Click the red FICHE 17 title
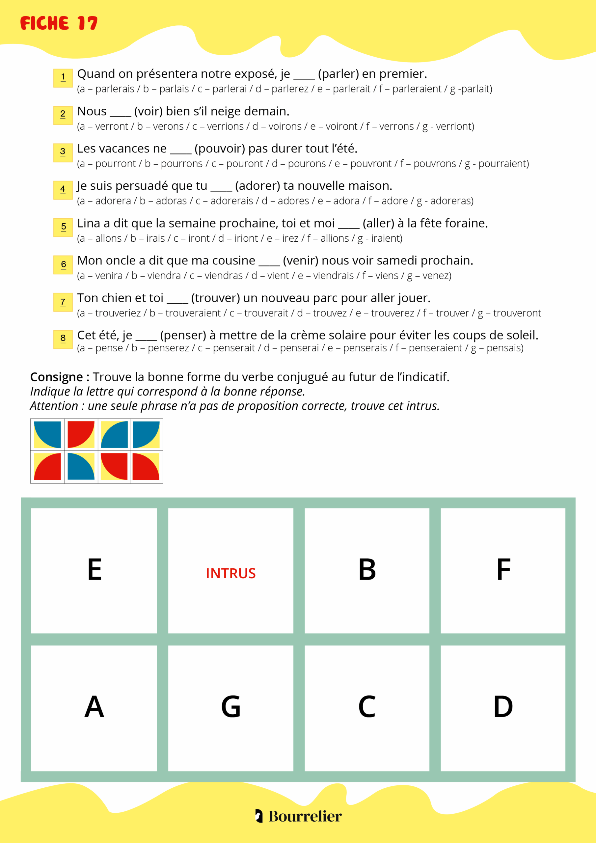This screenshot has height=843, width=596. point(59,23)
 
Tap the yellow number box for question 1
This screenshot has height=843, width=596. point(63,78)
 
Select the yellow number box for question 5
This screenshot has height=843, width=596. point(63,227)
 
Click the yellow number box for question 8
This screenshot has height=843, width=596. point(63,339)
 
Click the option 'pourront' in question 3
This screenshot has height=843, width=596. point(115,164)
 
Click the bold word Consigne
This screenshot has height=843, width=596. point(57,377)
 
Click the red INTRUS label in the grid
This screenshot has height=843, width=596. point(230,573)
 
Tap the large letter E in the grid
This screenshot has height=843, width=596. point(95,569)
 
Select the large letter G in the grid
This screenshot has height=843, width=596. point(230,707)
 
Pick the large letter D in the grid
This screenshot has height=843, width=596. point(503,707)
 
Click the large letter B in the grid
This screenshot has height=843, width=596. point(367,569)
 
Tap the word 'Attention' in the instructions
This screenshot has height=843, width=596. point(54,406)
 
